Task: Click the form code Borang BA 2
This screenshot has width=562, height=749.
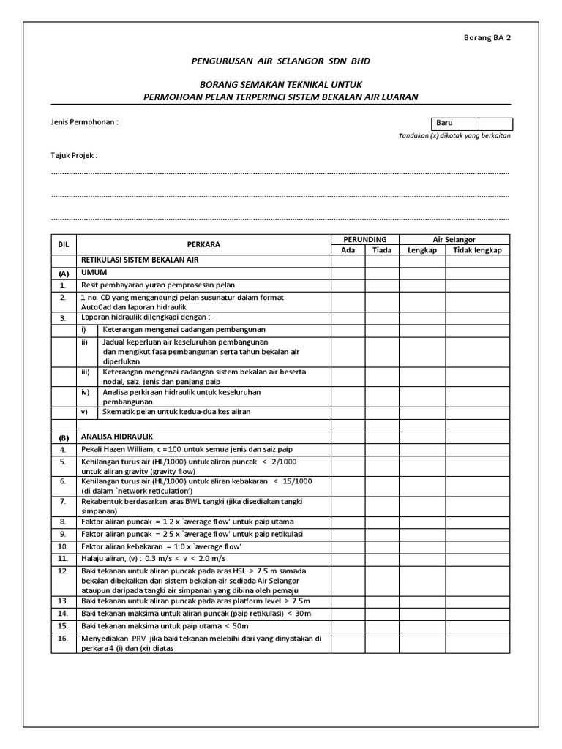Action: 487,38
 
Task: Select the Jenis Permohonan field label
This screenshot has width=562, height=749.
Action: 84,121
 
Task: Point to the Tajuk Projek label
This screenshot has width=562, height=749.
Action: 74,156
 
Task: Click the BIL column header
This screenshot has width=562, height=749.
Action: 63,244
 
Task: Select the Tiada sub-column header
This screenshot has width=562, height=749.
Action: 382,249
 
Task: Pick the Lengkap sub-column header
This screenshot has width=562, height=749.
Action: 422,249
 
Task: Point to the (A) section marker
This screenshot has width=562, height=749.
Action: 63,273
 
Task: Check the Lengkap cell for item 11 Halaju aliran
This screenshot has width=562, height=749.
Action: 422,557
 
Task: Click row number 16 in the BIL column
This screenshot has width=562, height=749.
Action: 63,639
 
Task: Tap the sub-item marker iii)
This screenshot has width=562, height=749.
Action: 86,372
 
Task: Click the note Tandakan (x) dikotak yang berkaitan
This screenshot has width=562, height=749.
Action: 454,136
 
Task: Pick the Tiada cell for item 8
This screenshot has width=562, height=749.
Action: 382,522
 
